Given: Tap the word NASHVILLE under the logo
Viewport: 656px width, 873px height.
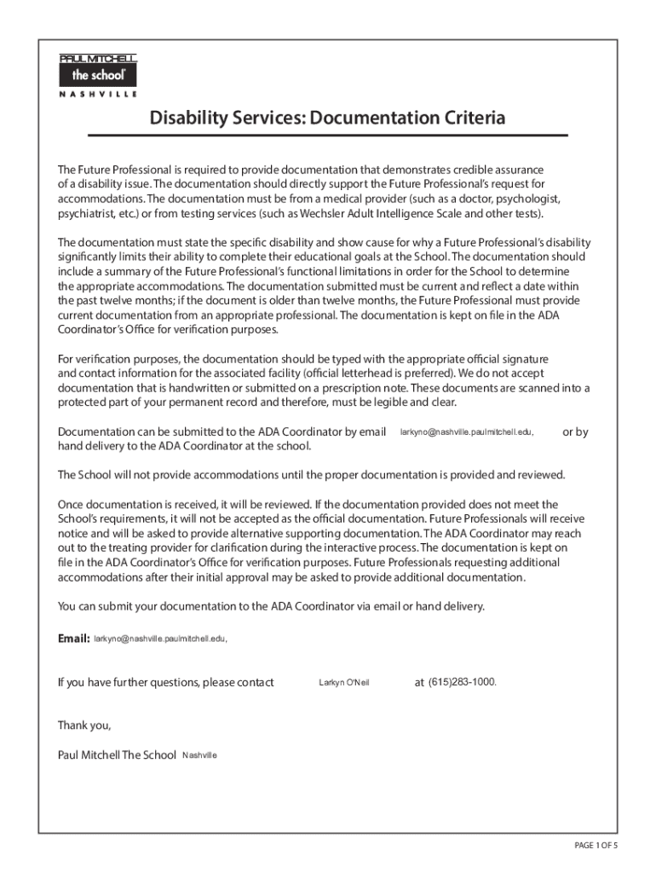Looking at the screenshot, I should tap(98, 95).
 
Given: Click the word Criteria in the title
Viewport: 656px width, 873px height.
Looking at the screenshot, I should tap(467, 118).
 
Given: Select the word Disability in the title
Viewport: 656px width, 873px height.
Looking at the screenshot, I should tap(188, 118).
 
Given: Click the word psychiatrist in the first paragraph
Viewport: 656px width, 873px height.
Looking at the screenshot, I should tap(86, 213).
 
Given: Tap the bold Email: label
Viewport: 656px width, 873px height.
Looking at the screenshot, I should tap(73, 639).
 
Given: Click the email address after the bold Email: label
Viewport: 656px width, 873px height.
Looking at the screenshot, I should tap(160, 639).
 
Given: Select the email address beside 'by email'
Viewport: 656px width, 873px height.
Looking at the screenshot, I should tap(467, 432).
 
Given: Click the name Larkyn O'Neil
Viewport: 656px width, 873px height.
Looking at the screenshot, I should tap(344, 683).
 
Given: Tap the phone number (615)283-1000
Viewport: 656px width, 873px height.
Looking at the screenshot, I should tap(462, 683).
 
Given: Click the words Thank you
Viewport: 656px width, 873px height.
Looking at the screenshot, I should tap(84, 726).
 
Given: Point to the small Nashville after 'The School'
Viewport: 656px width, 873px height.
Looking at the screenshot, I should tap(199, 755).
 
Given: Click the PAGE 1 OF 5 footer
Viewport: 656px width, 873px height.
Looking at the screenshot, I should tap(596, 845).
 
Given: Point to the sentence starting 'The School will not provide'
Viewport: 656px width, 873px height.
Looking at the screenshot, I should tap(311, 475).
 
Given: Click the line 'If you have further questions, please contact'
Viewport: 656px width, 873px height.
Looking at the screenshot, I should tap(165, 683).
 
